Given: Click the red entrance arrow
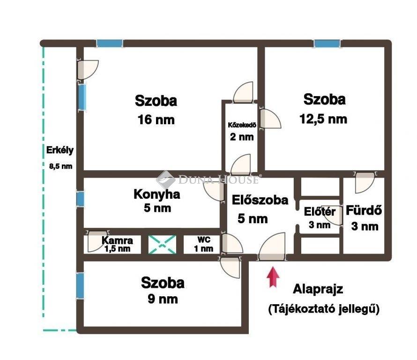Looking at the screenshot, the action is (273, 277).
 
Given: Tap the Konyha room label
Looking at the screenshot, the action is (157, 195).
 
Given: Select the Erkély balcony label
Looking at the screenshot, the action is (60, 150).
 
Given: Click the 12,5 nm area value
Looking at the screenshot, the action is (323, 119).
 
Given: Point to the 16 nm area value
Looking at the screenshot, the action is (156, 120).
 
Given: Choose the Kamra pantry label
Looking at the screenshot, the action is (117, 240).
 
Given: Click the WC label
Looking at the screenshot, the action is (204, 240).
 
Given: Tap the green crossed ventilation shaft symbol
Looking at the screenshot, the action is (162, 244).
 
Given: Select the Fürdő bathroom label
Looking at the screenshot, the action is (364, 210).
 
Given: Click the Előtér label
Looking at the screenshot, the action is (320, 212).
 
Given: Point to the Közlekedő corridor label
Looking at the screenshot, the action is (242, 125).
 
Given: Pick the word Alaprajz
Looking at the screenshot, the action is (318, 289).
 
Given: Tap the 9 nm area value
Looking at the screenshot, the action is (163, 300).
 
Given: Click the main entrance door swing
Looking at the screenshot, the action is (272, 246).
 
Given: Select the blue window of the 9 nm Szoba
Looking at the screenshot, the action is (80, 286).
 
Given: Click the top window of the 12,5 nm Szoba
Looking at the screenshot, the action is (327, 44).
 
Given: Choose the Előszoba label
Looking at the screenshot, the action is (260, 200).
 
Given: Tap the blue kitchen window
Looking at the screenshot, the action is (80, 199).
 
